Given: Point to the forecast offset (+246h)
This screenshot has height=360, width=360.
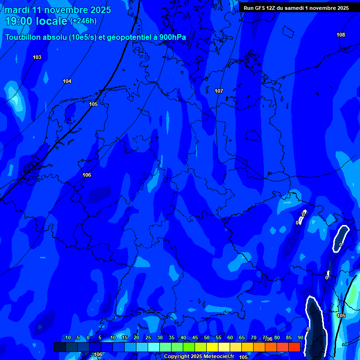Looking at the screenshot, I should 83,21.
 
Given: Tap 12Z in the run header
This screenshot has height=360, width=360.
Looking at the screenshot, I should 271,8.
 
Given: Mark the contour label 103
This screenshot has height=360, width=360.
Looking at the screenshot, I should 37,57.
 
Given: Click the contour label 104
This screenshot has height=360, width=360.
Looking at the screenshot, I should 67,81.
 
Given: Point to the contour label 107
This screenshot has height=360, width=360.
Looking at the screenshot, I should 218,91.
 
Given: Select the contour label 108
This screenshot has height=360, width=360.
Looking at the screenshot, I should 341,35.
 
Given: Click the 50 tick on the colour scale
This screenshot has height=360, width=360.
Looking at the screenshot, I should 207,338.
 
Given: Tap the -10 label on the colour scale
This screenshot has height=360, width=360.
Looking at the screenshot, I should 67,338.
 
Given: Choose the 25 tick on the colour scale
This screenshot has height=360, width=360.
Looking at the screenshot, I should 148,338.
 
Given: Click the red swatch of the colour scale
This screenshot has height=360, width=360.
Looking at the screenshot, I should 294,347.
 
